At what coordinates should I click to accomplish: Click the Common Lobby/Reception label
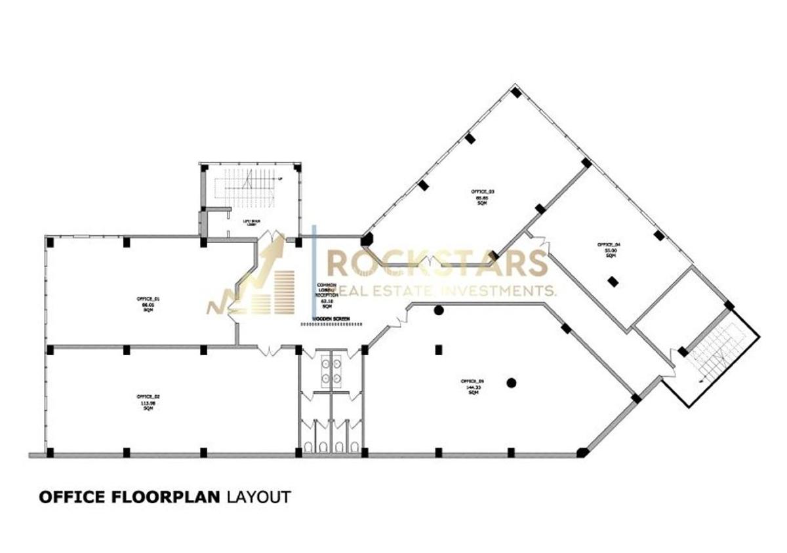click(x=327, y=296)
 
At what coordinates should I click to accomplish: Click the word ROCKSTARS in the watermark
click(x=436, y=263)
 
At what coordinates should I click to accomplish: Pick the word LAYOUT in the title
click(x=258, y=497)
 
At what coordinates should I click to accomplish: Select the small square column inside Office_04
click(x=613, y=281)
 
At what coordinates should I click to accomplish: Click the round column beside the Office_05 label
click(x=512, y=383)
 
